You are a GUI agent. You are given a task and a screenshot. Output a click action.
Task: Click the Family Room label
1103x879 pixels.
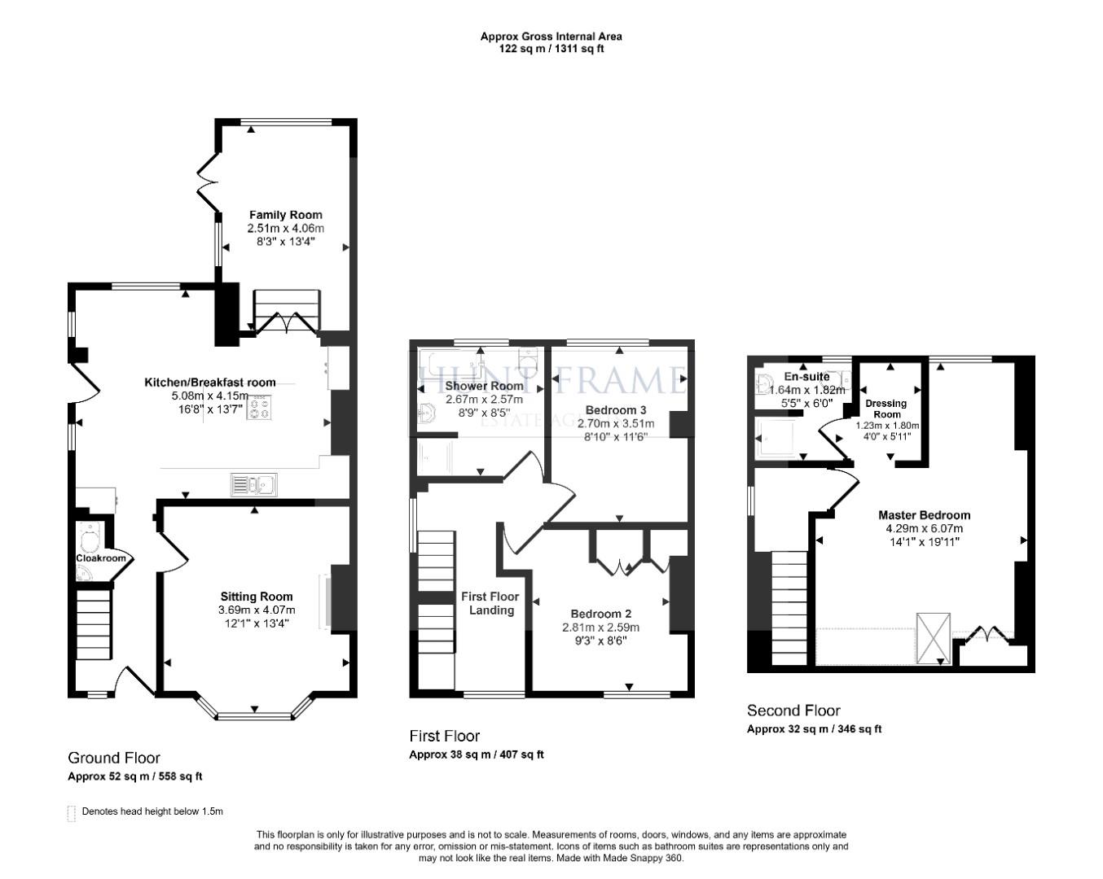tap(285, 215)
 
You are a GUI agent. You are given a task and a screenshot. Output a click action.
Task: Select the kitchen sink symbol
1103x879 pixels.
tap(253, 485)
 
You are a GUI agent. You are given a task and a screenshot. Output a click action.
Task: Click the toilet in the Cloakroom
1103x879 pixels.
tap(90, 537)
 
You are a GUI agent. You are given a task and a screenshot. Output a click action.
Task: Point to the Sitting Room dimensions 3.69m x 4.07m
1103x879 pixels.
tap(257, 610)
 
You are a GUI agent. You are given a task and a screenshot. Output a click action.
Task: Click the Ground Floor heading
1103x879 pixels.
tap(113, 758)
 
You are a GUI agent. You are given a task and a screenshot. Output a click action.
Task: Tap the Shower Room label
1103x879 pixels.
tap(484, 386)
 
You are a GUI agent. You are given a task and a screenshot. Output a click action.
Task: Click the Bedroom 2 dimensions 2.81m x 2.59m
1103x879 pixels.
tap(600, 628)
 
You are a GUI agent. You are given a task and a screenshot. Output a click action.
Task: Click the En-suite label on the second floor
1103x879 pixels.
tap(806, 377)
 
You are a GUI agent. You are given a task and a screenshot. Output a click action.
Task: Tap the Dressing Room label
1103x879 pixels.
tap(886, 409)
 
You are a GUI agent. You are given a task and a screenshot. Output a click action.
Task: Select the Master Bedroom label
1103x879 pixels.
tap(924, 515)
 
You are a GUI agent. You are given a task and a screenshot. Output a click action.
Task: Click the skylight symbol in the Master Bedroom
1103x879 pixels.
tap(934, 637)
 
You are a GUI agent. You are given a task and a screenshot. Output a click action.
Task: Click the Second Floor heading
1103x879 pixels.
tap(793, 711)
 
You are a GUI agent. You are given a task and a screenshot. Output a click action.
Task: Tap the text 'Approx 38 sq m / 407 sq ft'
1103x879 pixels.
tap(476, 754)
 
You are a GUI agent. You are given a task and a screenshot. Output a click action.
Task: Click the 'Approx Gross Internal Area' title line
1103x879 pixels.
tap(551, 36)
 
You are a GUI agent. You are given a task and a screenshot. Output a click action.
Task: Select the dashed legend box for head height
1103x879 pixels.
tap(72, 812)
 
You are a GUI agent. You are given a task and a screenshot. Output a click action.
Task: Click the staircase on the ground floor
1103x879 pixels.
tap(94, 624)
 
